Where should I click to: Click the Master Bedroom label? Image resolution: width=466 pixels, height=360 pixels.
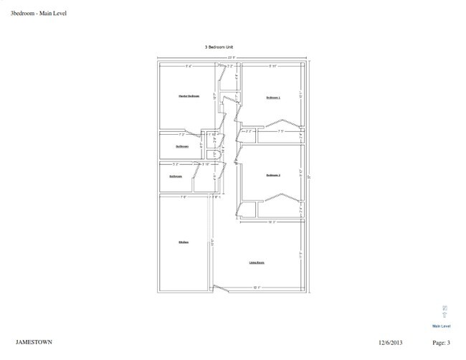tap(189, 95)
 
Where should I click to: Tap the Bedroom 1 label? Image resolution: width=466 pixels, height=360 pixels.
tap(273, 97)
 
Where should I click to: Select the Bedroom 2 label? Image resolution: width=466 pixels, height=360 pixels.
tap(272, 175)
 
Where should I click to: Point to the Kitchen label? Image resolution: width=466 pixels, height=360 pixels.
tap(184, 242)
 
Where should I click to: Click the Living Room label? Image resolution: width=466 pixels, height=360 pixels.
tap(257, 262)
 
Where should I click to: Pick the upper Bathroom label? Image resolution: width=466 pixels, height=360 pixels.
tap(182, 146)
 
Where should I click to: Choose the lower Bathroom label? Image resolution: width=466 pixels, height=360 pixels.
tap(176, 176)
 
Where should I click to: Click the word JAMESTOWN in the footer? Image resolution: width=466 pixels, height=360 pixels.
tap(34, 342)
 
